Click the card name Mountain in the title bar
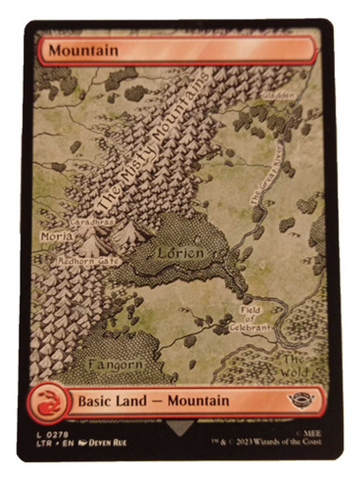tap(83, 51)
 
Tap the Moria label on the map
tap(57, 236)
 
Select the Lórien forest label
tap(181, 253)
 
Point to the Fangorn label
tap(115, 365)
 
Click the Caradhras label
tap(92, 222)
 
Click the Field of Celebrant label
tap(250, 319)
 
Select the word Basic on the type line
tap(94, 401)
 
